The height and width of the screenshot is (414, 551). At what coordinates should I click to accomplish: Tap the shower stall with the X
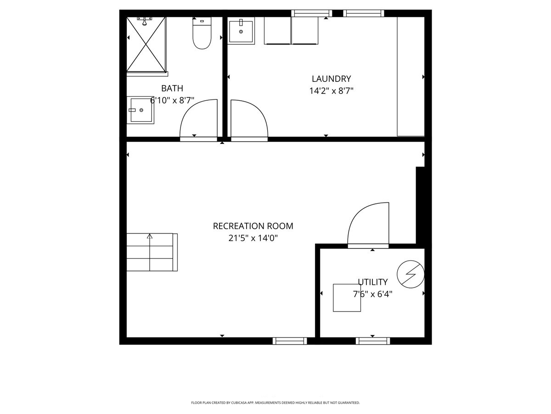click(146, 44)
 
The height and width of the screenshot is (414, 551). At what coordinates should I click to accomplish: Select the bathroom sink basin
click(140, 110)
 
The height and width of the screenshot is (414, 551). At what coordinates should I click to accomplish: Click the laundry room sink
click(241, 31)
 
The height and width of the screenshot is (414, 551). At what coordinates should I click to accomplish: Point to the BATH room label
click(172, 88)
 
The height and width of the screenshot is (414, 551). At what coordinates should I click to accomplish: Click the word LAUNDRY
click(331, 79)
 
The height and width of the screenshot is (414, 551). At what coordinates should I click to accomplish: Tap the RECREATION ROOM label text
click(253, 226)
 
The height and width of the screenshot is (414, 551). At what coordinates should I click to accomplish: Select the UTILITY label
click(372, 282)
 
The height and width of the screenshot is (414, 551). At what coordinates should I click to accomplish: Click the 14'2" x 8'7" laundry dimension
click(331, 91)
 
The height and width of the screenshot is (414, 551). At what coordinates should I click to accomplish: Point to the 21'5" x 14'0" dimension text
click(253, 238)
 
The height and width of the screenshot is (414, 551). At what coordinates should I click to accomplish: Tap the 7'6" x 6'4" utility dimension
click(372, 294)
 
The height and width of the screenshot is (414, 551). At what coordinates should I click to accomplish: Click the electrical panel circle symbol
click(410, 274)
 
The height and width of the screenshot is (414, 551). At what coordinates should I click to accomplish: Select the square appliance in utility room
click(347, 298)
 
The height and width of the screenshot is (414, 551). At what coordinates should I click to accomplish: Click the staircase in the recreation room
click(152, 253)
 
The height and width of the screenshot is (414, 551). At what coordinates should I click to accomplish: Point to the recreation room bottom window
click(290, 341)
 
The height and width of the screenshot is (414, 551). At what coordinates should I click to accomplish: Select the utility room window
click(373, 341)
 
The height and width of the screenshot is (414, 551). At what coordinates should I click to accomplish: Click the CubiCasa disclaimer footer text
click(275, 402)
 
